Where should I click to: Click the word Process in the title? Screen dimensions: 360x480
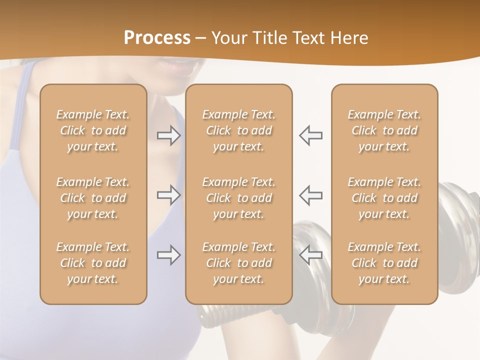coord(157,38)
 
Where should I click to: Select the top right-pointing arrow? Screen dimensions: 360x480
coord(168,135)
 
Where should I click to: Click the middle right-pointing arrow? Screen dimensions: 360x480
coord(168,195)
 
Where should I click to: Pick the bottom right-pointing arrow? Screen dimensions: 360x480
coord(168,255)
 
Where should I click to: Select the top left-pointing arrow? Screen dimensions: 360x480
coord(310,135)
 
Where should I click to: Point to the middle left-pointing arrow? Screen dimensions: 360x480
coord(310,195)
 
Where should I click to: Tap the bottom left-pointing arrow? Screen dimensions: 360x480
coord(310,255)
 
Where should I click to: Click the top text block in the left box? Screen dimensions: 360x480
coord(93,130)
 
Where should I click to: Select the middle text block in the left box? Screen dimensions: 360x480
coord(93,198)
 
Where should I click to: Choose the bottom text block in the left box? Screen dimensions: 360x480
coord(93,263)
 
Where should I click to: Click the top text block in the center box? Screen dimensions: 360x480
coord(239,130)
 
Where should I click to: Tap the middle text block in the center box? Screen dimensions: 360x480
coord(239,198)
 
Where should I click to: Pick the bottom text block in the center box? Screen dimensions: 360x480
coord(239,263)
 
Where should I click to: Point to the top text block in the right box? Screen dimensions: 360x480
coord(384,130)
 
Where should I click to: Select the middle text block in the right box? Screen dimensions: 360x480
coord(384,198)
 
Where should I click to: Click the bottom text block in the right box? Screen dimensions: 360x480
coord(384,263)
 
